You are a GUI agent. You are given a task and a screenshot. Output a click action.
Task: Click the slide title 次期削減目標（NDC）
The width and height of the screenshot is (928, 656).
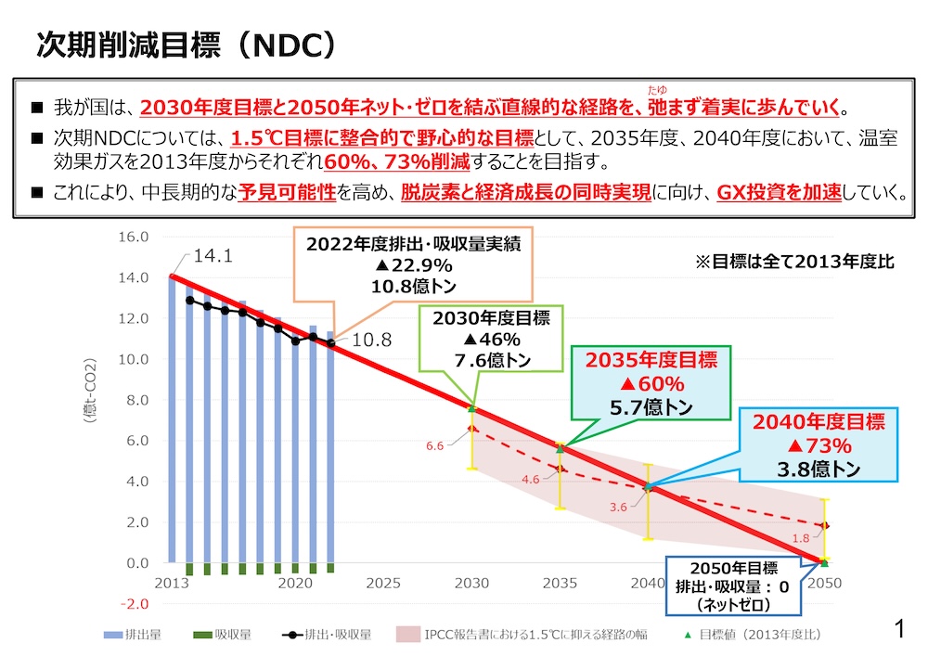185,44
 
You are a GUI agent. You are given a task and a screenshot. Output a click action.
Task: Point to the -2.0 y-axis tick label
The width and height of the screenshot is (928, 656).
135,604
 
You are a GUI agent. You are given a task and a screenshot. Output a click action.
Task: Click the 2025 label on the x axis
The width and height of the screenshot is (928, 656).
383,583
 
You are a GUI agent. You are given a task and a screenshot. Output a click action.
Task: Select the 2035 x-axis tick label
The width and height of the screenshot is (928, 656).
560,583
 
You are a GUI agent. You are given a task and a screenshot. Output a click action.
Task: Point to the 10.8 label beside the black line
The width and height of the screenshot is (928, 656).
373,341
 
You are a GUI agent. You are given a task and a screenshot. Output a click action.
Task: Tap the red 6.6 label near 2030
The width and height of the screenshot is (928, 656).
434,446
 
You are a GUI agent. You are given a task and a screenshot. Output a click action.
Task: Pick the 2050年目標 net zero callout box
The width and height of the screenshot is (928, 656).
733,587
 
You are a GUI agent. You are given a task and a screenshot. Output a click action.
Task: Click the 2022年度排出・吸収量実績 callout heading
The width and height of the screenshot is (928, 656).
413,245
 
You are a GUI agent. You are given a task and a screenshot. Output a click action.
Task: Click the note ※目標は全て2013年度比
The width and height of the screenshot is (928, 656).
794,262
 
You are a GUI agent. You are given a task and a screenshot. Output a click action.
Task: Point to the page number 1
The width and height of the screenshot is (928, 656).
897,631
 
